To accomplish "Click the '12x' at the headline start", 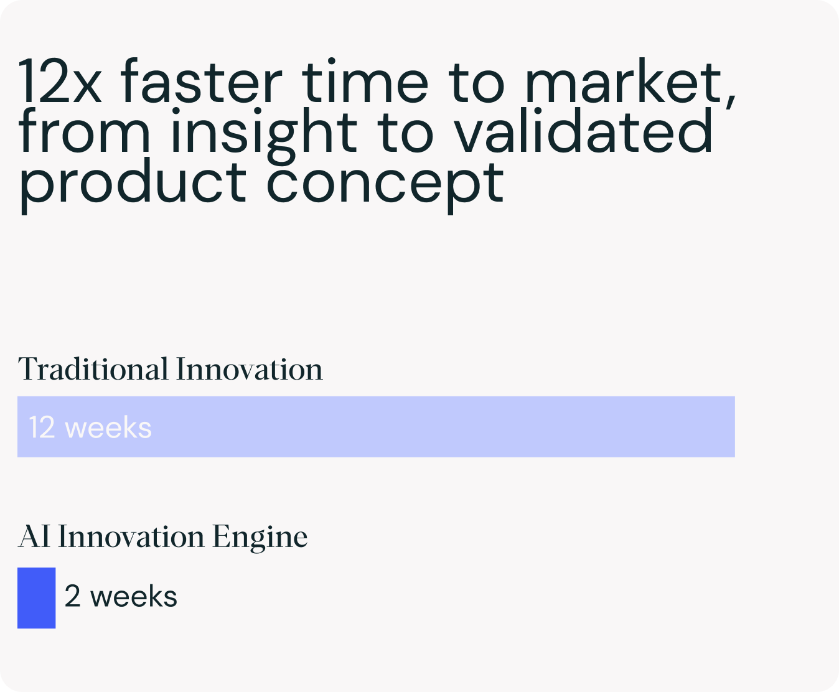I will click(59, 83).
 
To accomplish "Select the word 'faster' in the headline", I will click(201, 83).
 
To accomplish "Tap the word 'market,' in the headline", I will click(630, 83).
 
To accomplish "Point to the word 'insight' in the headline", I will click(264, 133).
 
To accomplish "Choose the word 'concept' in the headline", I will click(385, 184).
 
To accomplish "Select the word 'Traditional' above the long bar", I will click(93, 370).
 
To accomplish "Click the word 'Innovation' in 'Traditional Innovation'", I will click(249, 370).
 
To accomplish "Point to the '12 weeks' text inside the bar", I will click(90, 428).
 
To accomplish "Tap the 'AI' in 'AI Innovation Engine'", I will click(34, 536).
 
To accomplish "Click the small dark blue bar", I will click(36, 597).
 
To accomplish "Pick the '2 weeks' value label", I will click(121, 596).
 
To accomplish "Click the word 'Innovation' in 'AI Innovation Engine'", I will click(131, 536).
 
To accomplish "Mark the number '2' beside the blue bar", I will click(72, 596).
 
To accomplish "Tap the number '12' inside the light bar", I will click(42, 428).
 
